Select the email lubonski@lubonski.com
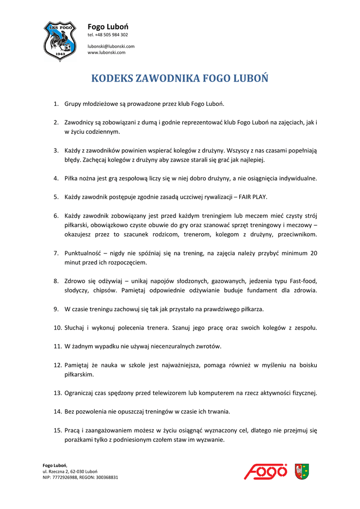tap(111, 46)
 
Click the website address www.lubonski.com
tap(106, 52)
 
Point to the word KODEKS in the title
tap(112, 79)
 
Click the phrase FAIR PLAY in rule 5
tap(253, 197)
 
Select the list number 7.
tap(56, 253)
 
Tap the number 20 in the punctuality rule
tap(313, 253)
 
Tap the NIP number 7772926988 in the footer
tap(69, 477)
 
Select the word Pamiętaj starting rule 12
tap(78, 365)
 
